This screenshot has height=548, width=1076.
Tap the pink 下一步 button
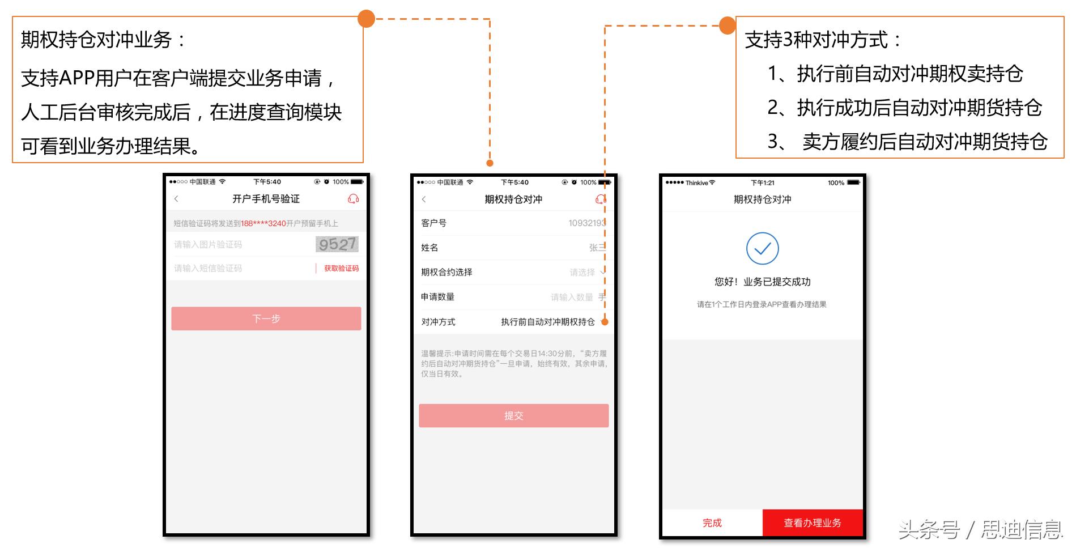click(x=266, y=318)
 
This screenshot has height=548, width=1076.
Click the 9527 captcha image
click(x=337, y=244)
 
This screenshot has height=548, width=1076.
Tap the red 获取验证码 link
click(x=341, y=269)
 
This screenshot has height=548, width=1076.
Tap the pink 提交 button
click(x=513, y=416)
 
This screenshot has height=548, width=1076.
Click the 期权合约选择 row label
click(x=446, y=273)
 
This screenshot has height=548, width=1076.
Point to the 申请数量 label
click(x=437, y=297)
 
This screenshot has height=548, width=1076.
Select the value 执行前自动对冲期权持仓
click(x=547, y=322)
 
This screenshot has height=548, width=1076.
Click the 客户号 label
click(x=433, y=223)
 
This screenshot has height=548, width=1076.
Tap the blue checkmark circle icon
click(x=762, y=249)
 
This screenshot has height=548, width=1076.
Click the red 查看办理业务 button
click(x=812, y=523)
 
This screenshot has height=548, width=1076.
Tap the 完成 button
click(x=712, y=523)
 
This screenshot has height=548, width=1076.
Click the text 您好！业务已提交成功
click(x=762, y=282)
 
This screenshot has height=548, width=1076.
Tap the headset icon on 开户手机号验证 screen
click(x=353, y=199)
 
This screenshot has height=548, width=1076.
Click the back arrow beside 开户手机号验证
click(x=176, y=199)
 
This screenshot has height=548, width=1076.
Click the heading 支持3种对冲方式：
click(x=823, y=40)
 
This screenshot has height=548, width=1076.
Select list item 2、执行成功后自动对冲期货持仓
click(x=904, y=108)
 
